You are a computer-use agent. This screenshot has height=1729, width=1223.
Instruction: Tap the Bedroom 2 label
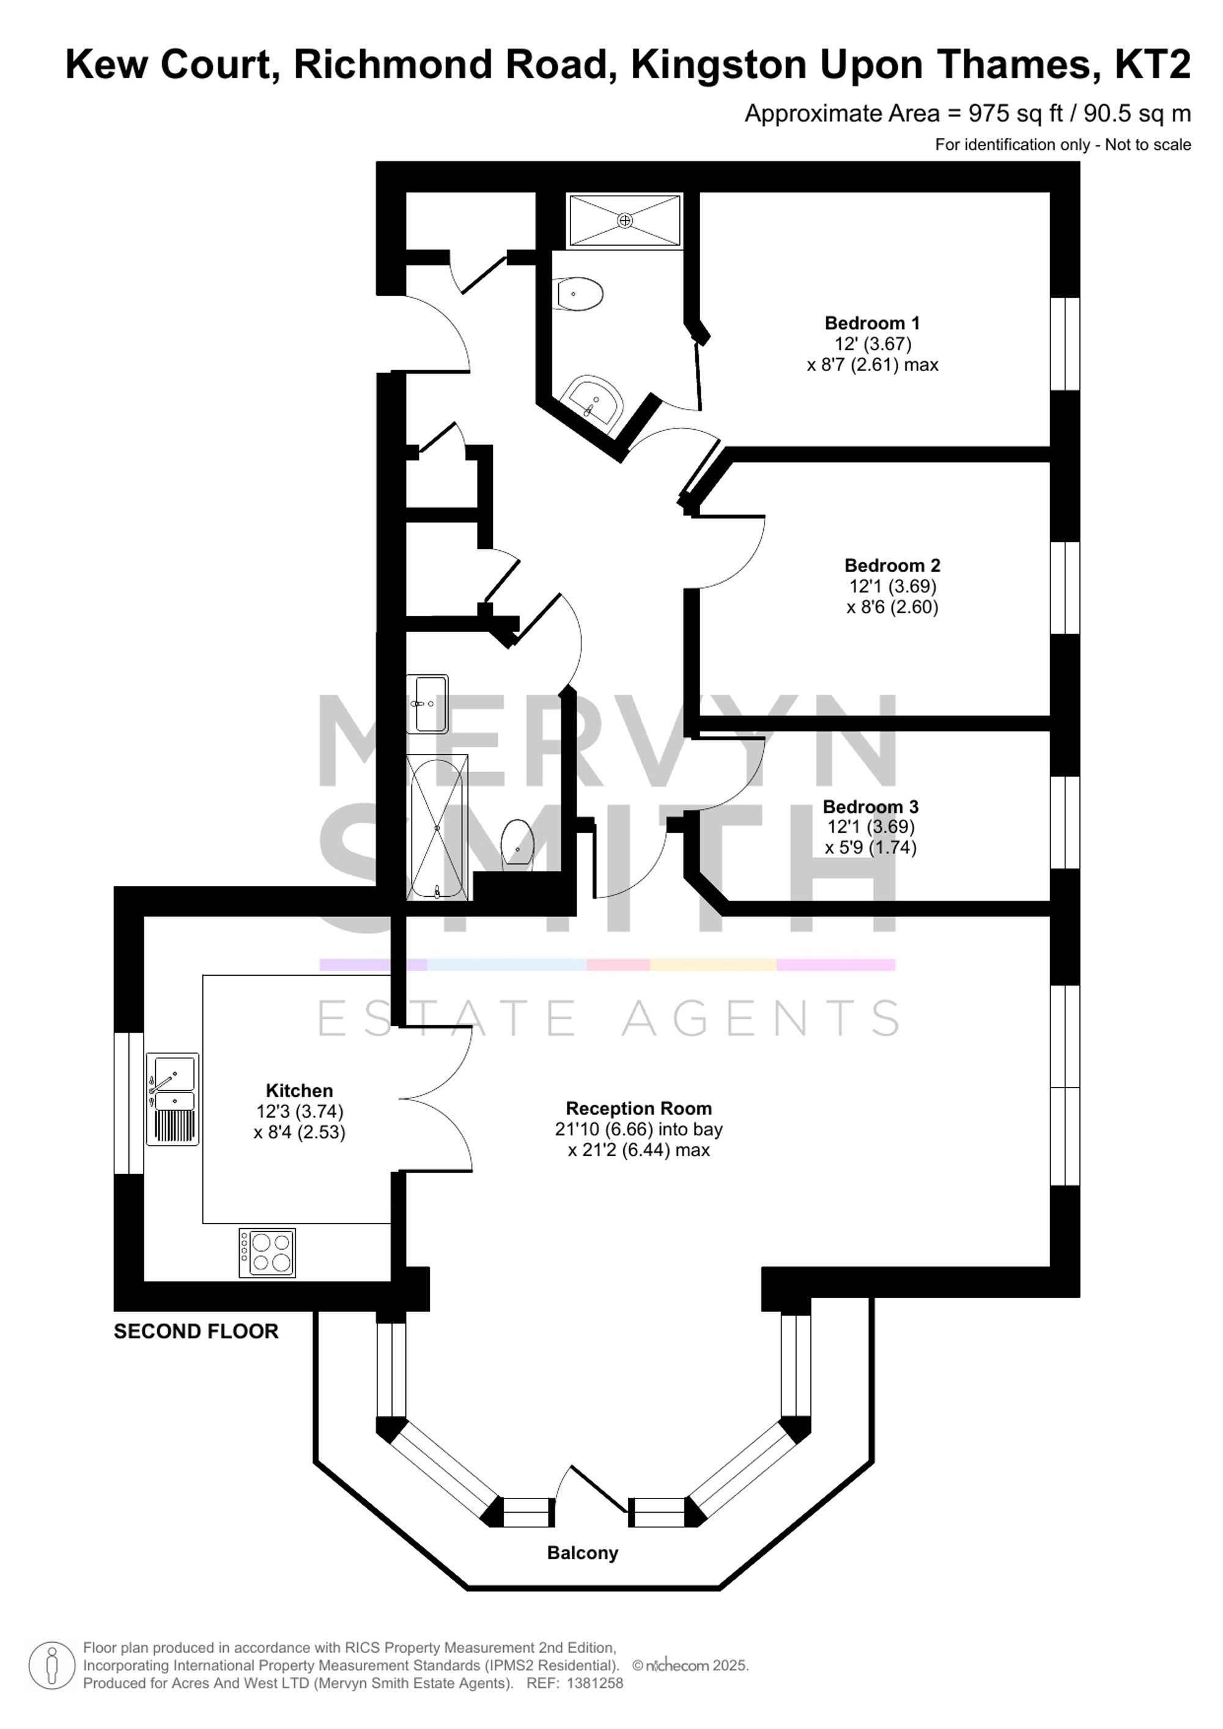(x=892, y=566)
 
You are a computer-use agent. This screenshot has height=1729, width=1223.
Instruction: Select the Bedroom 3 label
(x=871, y=806)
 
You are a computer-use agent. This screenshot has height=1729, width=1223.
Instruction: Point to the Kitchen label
(x=299, y=1091)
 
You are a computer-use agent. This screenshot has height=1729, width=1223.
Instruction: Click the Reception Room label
(x=638, y=1108)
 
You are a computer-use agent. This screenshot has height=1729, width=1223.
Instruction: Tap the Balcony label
(x=582, y=1553)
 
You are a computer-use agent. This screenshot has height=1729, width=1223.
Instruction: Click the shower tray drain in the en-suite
(x=625, y=220)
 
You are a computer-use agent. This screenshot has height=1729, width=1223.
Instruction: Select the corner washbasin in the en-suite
(x=595, y=399)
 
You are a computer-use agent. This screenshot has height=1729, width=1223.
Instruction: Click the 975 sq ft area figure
(x=1015, y=114)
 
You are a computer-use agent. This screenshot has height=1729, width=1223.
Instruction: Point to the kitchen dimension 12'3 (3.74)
(x=300, y=1111)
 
